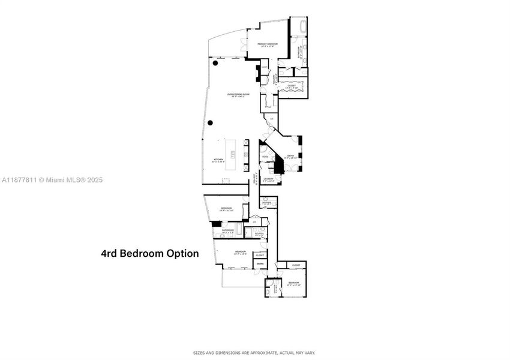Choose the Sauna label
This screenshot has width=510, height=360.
(260, 263)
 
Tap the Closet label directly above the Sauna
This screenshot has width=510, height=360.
(260, 254)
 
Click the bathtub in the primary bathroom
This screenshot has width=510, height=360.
(298, 27)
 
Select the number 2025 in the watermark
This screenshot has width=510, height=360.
(94, 179)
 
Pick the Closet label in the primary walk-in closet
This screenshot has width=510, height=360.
(292, 86)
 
